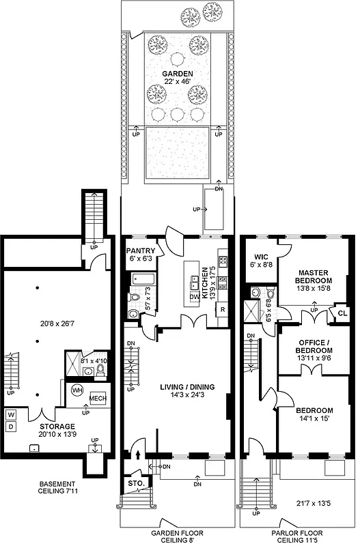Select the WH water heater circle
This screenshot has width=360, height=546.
click(x=77, y=391)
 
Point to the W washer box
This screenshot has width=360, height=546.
click(x=10, y=415)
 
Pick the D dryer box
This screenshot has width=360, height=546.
click(x=10, y=427)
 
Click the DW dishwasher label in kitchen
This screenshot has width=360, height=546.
click(x=195, y=297)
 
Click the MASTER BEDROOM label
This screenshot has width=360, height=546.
click(x=314, y=275)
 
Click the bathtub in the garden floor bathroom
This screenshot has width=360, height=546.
click(x=143, y=279)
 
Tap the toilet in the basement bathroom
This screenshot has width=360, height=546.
click(x=100, y=371)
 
